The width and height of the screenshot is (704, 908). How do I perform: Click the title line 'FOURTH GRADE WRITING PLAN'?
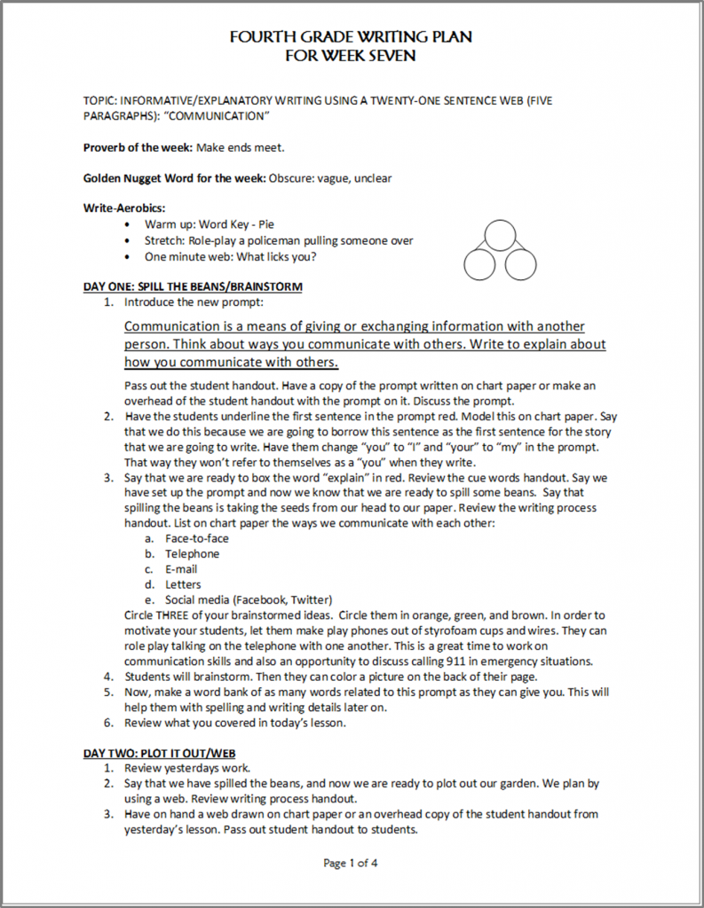click(351, 37)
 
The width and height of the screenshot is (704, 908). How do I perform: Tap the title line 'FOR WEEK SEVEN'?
click(351, 55)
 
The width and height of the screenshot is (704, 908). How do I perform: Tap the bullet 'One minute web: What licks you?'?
click(231, 256)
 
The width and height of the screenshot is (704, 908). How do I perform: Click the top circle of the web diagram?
click(500, 235)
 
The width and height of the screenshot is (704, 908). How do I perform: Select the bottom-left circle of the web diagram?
click(479, 263)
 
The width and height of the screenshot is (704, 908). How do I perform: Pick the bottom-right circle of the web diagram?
click(521, 263)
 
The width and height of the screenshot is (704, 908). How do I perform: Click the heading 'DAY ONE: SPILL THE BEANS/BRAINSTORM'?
click(193, 286)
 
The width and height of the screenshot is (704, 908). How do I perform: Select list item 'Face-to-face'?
click(197, 538)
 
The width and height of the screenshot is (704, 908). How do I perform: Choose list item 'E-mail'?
click(181, 569)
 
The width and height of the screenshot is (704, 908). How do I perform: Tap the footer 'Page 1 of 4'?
click(352, 862)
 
